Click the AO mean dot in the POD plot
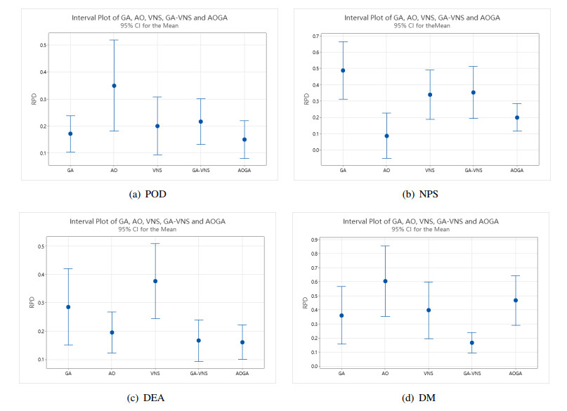114,86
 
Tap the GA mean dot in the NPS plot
343,70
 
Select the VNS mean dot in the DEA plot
155,281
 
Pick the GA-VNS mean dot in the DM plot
471,343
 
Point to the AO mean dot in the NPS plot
386,136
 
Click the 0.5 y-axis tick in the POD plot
43,45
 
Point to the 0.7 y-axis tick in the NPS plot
316,36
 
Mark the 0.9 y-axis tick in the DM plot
316,240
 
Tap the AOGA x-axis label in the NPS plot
516,170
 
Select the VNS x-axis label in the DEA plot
155,372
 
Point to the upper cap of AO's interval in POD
114,40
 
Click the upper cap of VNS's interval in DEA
155,244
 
